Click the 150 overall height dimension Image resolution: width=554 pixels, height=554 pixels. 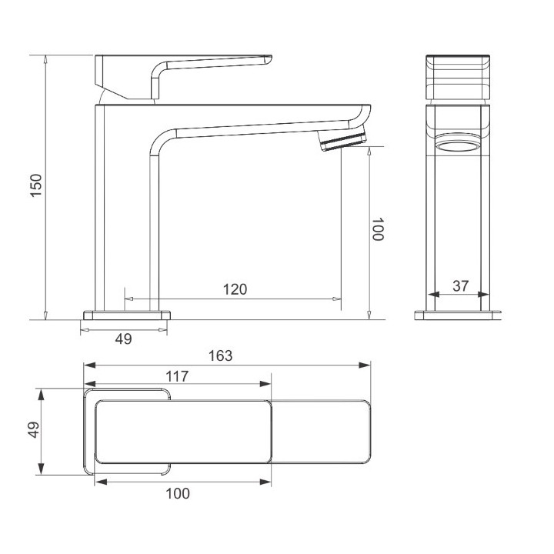coord(36,185)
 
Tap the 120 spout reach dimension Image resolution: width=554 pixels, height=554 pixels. coord(235,289)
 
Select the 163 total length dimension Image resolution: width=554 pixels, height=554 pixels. coord(221,355)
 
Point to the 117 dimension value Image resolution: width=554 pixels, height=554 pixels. coord(178,376)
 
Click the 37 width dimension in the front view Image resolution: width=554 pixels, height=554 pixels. coord(461,285)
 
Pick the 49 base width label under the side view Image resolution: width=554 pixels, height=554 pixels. coord(124,339)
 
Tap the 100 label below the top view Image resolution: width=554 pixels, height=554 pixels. coord(178,493)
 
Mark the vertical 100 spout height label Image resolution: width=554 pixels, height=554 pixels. coord(378,229)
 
